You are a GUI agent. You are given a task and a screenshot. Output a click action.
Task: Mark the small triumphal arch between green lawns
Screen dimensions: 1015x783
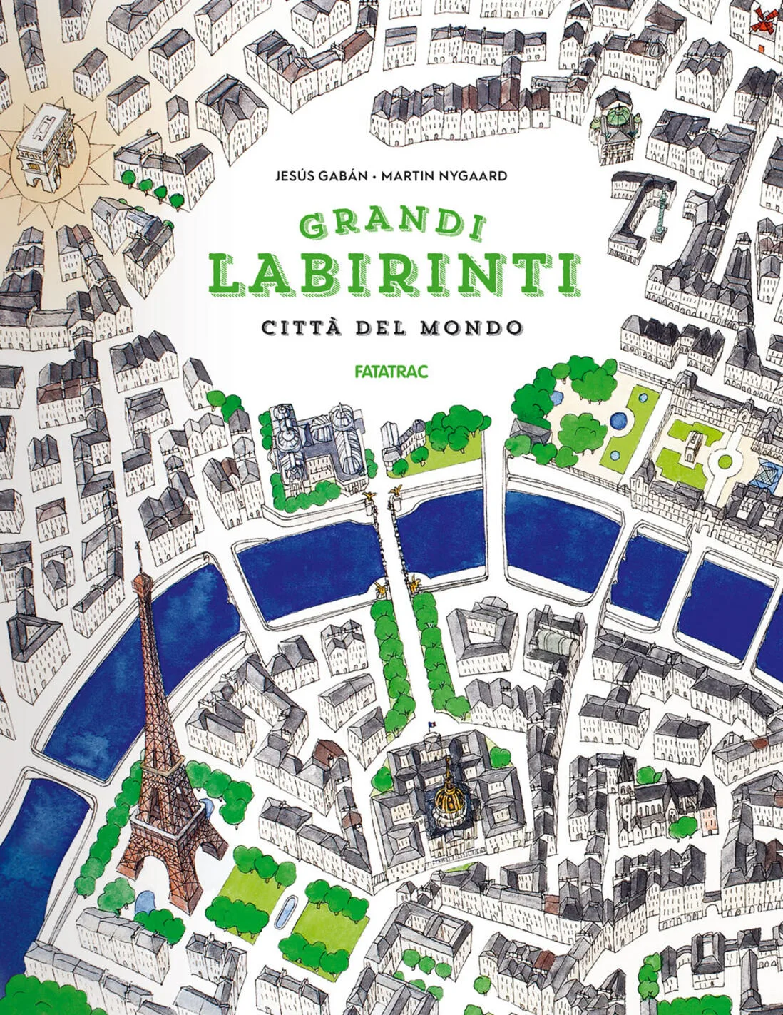(690, 450)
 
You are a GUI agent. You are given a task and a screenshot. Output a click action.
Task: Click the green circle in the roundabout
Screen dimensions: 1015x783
(725, 461)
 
